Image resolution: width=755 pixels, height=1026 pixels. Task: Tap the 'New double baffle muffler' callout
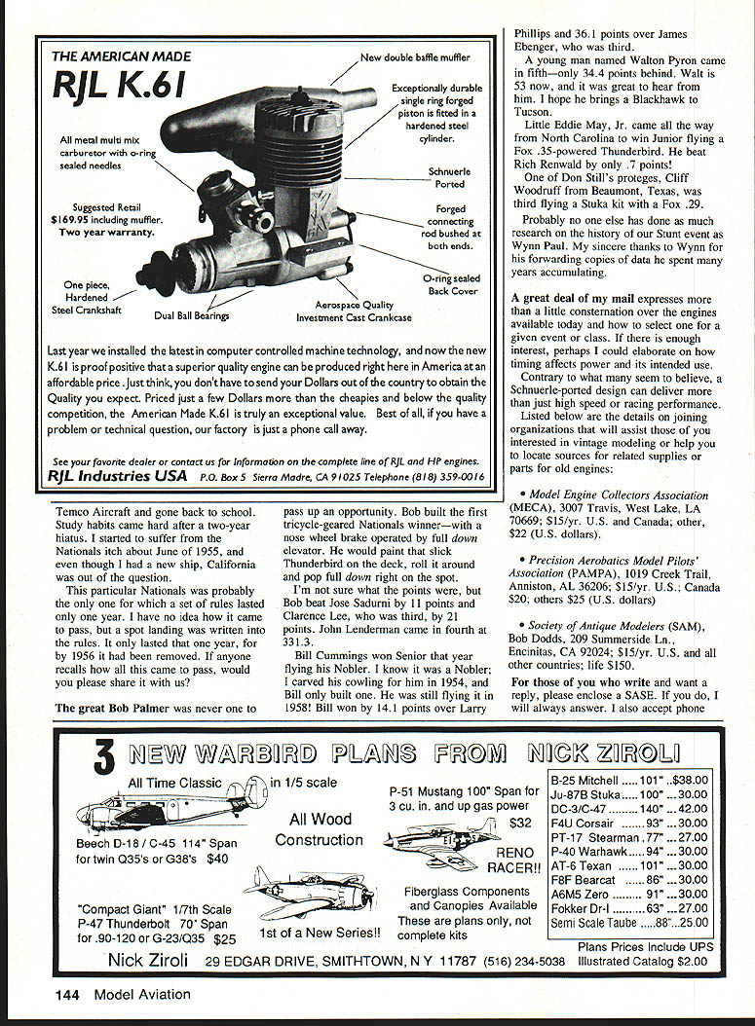point(415,57)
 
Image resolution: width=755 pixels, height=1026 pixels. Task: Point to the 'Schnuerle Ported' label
point(449,177)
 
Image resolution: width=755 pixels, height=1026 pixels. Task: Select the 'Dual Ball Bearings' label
point(191,316)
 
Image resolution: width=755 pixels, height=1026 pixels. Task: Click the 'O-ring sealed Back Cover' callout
point(452,284)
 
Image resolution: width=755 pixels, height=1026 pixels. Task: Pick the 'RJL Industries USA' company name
point(117,476)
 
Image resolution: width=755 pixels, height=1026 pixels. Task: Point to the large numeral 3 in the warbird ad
point(105,757)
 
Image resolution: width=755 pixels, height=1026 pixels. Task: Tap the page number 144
point(67,995)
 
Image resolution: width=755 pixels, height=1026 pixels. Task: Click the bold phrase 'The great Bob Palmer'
point(112,709)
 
